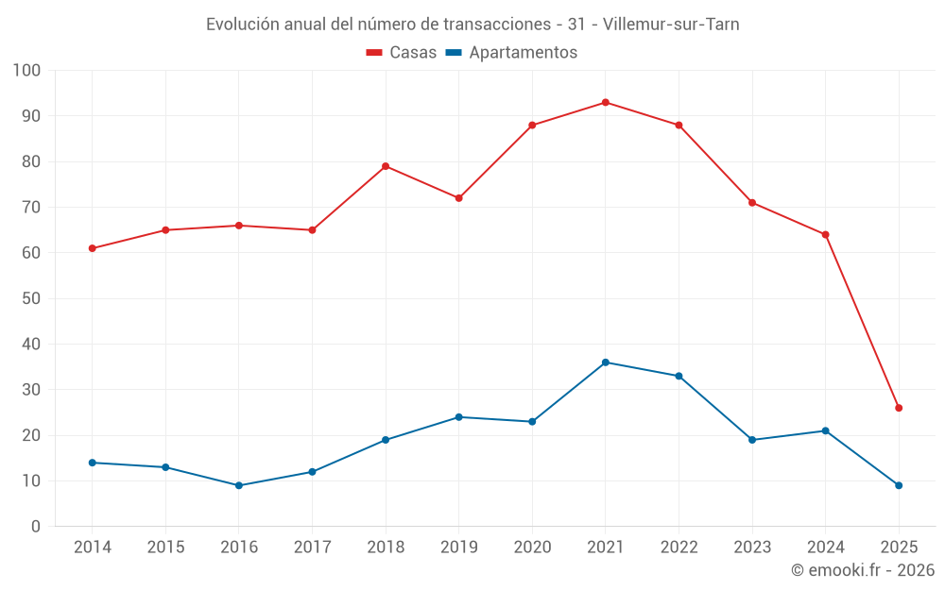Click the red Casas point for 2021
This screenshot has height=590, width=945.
click(x=606, y=102)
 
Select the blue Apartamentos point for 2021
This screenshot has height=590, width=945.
click(x=606, y=362)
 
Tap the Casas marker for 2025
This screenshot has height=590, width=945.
click(x=899, y=408)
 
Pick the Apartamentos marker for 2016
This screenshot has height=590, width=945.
click(x=239, y=485)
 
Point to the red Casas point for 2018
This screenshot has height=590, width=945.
click(x=386, y=166)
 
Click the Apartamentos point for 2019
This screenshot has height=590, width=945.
click(x=459, y=417)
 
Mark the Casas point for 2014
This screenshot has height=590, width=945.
click(x=93, y=248)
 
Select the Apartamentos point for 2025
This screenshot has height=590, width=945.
click(x=899, y=485)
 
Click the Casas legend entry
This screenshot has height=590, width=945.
click(x=402, y=53)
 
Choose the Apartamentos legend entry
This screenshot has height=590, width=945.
click(x=511, y=53)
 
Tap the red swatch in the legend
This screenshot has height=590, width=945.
click(x=374, y=53)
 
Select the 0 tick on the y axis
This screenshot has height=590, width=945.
click(x=36, y=527)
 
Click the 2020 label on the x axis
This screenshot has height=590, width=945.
click(x=532, y=548)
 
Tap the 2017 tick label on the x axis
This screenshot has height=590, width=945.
click(x=312, y=548)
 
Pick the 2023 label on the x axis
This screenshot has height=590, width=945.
click(x=752, y=548)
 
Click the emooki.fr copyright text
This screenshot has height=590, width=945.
click(x=863, y=570)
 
